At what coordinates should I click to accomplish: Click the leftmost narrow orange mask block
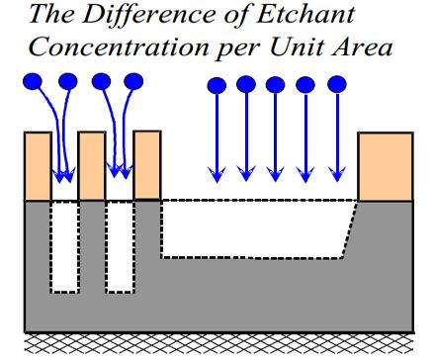click(37, 165)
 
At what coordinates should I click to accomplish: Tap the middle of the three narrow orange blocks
click(91, 165)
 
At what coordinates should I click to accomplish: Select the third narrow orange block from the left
click(146, 165)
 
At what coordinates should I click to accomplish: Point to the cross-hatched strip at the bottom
click(217, 344)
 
